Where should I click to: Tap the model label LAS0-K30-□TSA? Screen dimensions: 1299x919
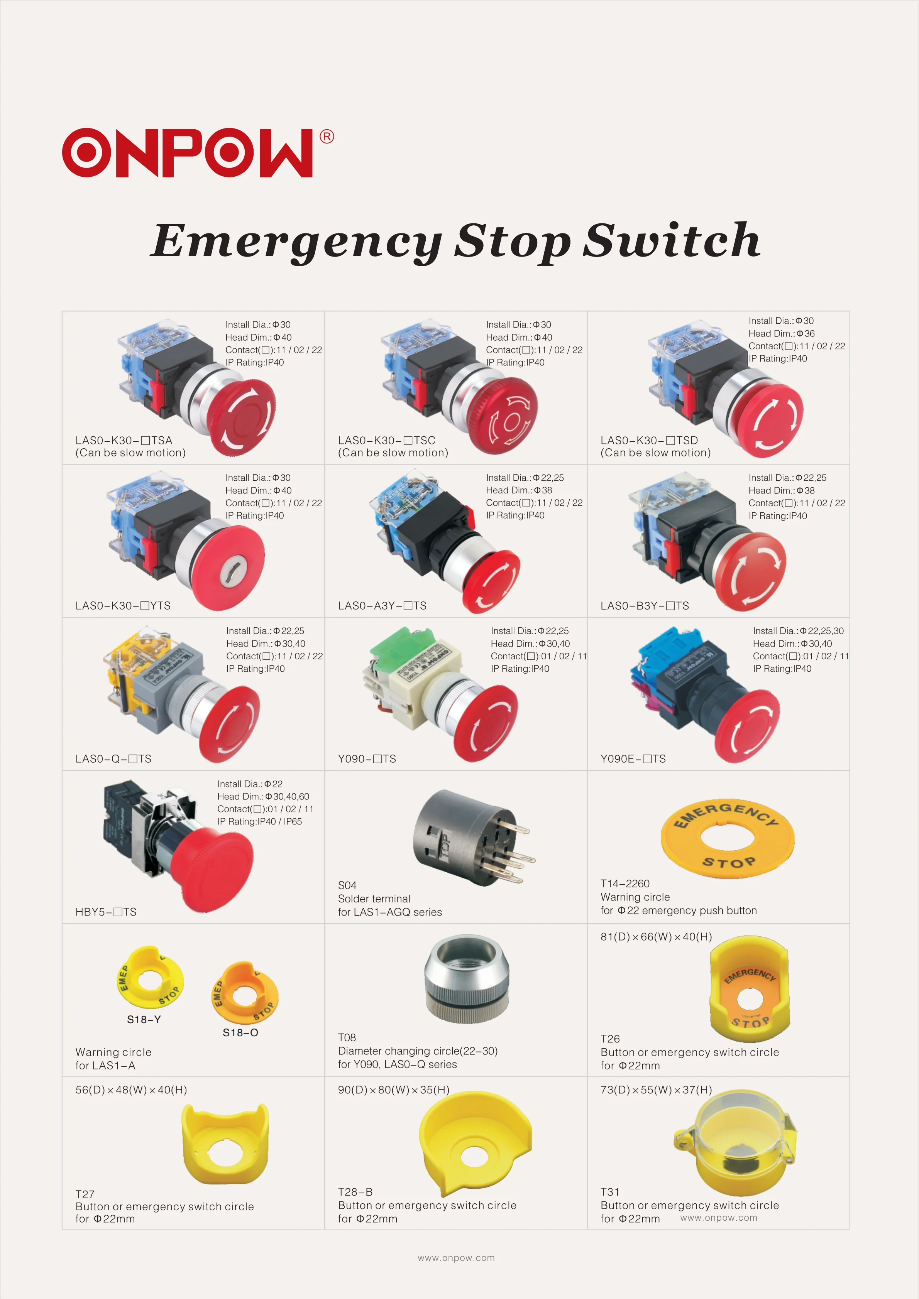click(x=124, y=440)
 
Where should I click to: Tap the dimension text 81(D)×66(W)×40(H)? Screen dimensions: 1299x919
click(x=656, y=937)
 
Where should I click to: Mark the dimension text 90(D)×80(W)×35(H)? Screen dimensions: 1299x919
click(x=393, y=1090)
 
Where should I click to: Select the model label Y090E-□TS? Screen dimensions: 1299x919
click(x=633, y=759)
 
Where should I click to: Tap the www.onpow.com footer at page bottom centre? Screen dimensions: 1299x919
click(x=456, y=1258)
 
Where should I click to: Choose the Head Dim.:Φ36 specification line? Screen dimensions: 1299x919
click(x=782, y=333)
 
